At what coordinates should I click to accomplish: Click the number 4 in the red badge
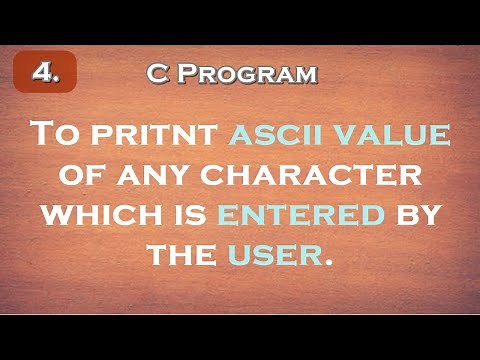tap(43, 73)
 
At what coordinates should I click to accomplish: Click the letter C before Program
tap(155, 74)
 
